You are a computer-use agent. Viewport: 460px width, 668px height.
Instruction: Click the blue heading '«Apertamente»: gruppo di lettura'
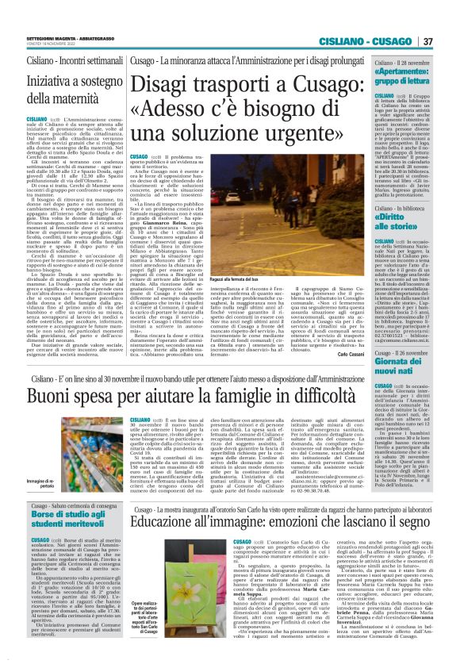click(x=404, y=81)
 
